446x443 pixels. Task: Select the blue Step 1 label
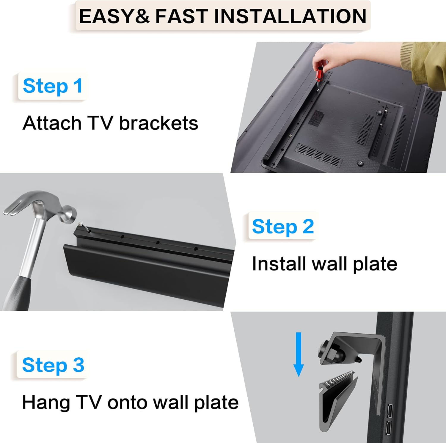point(53,86)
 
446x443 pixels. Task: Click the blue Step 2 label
point(283,227)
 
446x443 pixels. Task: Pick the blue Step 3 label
point(53,365)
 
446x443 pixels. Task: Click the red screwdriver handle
point(319,74)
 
